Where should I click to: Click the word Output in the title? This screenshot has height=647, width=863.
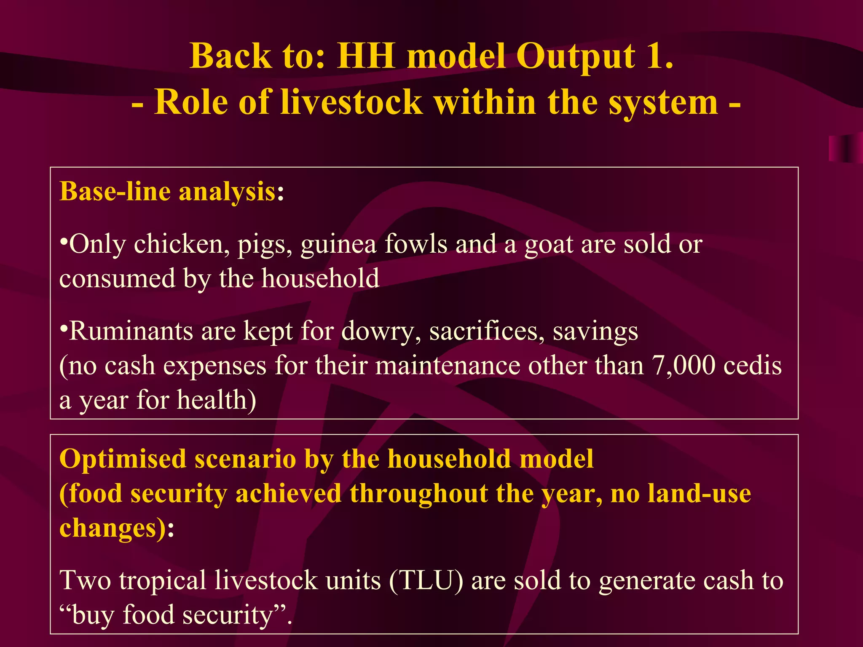(575, 57)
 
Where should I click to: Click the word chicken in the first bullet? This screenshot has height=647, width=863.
(182, 244)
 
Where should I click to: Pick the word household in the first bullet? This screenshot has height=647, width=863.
(320, 279)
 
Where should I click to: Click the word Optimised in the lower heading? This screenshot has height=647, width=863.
(123, 459)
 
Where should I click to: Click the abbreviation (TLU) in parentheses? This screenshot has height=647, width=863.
(426, 580)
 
